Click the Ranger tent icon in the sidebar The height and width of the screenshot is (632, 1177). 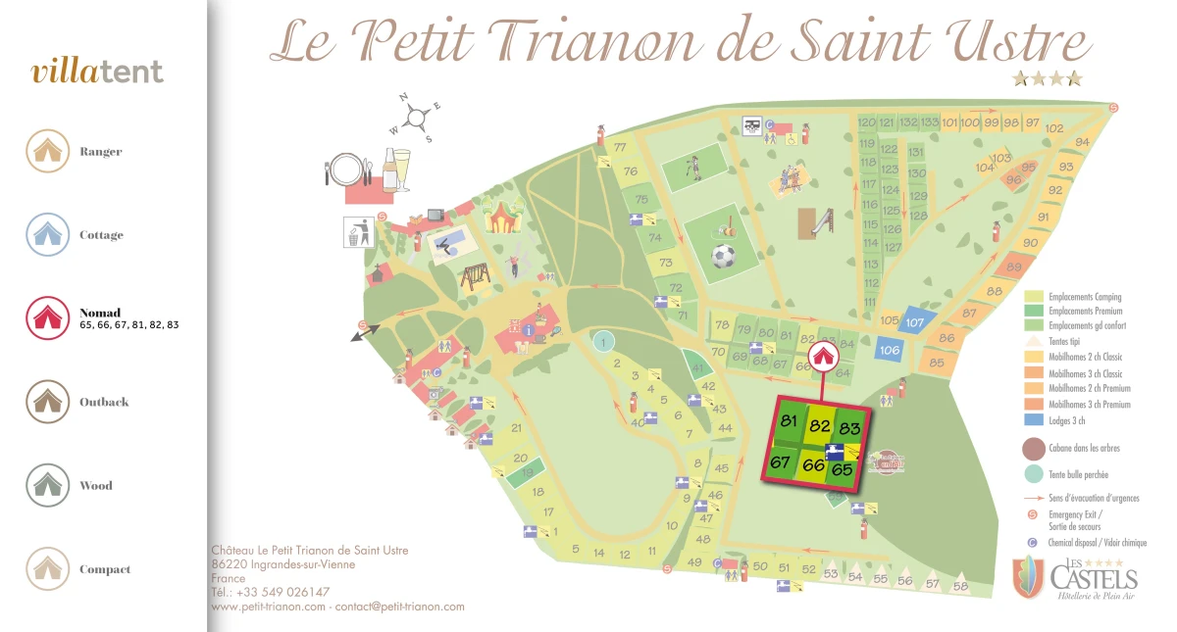47,151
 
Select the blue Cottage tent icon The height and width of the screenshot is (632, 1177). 47,235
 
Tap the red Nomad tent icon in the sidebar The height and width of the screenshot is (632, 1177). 47,318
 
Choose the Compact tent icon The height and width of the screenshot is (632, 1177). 47,569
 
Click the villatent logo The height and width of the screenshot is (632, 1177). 97,72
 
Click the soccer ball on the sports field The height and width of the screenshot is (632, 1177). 723,257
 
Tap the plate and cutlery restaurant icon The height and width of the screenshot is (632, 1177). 345,170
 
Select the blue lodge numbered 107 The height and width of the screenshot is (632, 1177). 915,321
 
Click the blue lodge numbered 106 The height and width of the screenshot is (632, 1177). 890,350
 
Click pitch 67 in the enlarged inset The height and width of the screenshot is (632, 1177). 781,462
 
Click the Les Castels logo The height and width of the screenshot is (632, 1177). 1077,577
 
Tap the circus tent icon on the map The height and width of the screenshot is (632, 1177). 500,214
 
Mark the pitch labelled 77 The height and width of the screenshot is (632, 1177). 620,148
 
